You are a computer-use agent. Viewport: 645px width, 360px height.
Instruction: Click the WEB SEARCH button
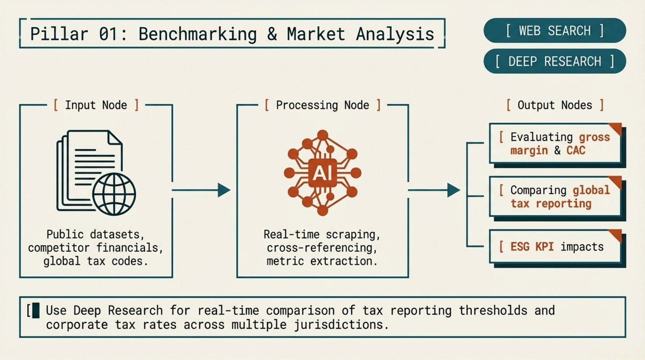pos(554,31)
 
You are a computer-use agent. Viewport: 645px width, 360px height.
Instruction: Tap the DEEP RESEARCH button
pos(554,62)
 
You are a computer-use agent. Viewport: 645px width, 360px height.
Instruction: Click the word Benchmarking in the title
pos(197,34)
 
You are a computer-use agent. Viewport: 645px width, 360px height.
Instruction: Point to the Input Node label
pos(96,105)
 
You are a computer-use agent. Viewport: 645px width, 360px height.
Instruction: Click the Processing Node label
pos(322,105)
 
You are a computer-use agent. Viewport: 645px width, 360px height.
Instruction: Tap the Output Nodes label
pos(555,105)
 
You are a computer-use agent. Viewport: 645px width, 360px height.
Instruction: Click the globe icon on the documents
pos(114,194)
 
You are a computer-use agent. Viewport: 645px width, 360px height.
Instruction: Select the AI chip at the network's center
pos(322,173)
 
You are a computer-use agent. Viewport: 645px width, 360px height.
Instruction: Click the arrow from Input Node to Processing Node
pos(200,190)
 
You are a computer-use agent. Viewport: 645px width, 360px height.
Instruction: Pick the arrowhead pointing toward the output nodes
pos(453,190)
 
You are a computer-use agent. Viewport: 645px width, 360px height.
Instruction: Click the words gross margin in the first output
pos(559,144)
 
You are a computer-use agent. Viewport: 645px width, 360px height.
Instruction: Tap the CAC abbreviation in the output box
pos(576,150)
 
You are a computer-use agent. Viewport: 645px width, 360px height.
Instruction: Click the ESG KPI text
pos(531,247)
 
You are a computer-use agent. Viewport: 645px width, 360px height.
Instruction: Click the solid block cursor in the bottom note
pos(36,310)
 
